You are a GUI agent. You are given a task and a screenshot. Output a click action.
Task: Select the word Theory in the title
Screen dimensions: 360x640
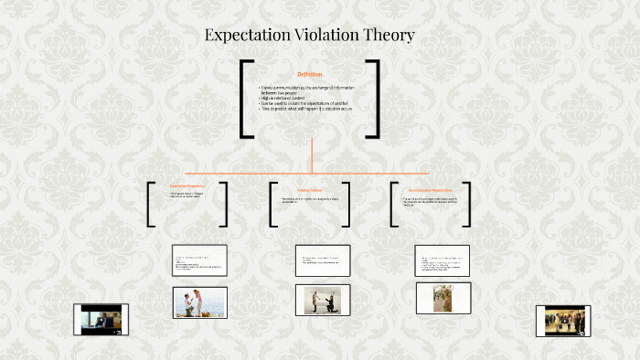389,37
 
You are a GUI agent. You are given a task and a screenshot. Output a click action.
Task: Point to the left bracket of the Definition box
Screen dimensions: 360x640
244,99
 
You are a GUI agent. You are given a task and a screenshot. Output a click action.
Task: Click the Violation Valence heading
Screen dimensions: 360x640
309,190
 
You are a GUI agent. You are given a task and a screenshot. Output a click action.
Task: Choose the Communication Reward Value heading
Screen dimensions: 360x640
432,189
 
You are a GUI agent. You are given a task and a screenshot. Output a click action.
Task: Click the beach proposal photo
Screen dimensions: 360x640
199,302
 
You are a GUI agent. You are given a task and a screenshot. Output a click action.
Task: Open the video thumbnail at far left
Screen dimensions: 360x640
101,319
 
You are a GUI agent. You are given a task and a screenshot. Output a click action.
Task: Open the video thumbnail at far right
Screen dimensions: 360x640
563,321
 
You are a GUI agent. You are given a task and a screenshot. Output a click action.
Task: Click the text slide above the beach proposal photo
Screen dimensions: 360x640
199,260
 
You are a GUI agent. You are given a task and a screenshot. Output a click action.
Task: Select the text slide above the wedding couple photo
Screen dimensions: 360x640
443,260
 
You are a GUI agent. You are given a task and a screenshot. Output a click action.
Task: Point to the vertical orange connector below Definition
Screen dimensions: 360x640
312,155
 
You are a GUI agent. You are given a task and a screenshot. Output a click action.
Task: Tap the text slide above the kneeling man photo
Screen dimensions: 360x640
322,260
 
